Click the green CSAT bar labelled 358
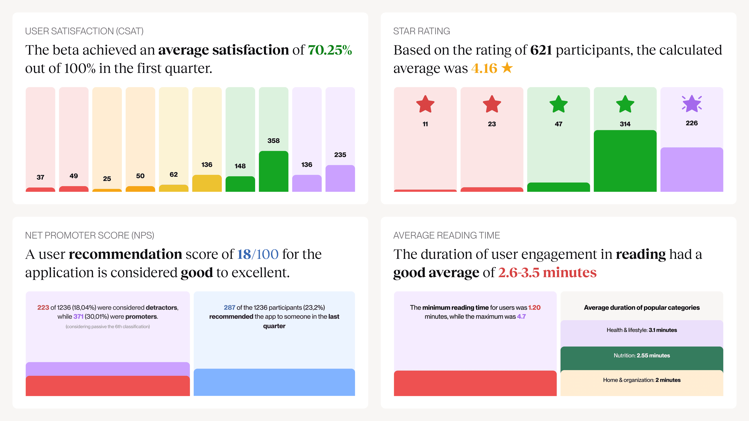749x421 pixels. pyautogui.click(x=273, y=172)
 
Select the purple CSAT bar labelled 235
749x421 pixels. pyautogui.click(x=340, y=178)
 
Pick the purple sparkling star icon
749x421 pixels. pyautogui.click(x=692, y=104)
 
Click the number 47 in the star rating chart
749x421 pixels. pyautogui.click(x=558, y=124)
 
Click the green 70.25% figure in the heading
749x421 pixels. pyautogui.click(x=330, y=50)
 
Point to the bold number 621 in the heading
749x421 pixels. pyautogui.click(x=541, y=50)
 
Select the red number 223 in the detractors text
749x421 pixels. pyautogui.click(x=43, y=307)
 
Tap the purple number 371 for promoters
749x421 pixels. pyautogui.click(x=78, y=316)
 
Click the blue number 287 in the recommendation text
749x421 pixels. pyautogui.click(x=229, y=307)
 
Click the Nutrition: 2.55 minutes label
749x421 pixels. pyautogui.click(x=641, y=355)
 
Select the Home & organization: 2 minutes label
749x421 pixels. pyautogui.click(x=641, y=380)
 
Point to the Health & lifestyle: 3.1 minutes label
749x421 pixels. pyautogui.click(x=641, y=330)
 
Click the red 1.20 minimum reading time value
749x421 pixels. pyautogui.click(x=534, y=307)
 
